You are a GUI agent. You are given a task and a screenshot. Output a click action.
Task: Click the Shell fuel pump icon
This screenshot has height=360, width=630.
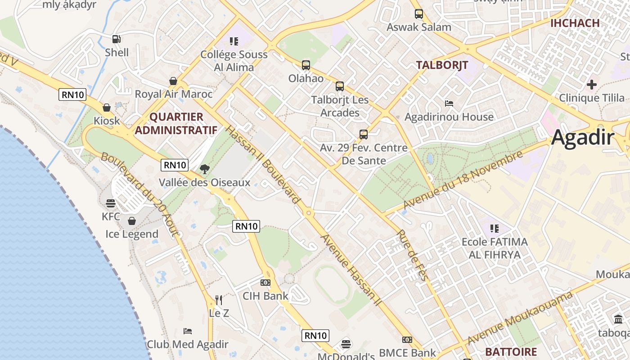116,39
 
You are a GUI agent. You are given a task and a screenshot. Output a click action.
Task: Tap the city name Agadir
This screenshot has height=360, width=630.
582,137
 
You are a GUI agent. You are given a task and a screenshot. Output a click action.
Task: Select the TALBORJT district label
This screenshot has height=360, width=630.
442,65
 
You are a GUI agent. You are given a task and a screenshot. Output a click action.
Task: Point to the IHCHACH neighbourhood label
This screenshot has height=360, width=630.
575,23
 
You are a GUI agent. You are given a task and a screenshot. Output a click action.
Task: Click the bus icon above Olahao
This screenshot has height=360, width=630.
306,65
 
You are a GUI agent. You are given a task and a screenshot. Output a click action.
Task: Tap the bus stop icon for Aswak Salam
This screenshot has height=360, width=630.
419,14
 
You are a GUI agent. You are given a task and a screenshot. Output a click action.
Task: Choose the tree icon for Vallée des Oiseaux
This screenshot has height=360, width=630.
205,169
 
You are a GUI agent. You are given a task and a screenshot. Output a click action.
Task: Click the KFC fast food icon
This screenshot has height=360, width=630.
111,203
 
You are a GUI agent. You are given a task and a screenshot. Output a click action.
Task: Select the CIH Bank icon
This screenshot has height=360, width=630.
265,283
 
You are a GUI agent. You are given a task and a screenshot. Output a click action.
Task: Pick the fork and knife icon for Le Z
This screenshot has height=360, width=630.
219,300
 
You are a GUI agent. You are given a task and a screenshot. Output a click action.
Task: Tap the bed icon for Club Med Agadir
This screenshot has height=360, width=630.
188,331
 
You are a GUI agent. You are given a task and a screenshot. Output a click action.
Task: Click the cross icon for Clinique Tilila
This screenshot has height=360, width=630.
592,85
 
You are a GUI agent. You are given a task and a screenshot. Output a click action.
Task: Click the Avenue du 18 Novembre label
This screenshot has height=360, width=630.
463,180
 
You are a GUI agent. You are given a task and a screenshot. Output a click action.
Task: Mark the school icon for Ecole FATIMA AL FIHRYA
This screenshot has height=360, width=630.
495,229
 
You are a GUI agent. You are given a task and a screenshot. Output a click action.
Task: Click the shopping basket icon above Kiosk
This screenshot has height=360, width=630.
107,108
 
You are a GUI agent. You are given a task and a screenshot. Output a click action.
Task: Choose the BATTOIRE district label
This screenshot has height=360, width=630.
511,352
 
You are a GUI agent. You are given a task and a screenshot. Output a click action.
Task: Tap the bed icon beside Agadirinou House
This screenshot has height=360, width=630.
449,103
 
